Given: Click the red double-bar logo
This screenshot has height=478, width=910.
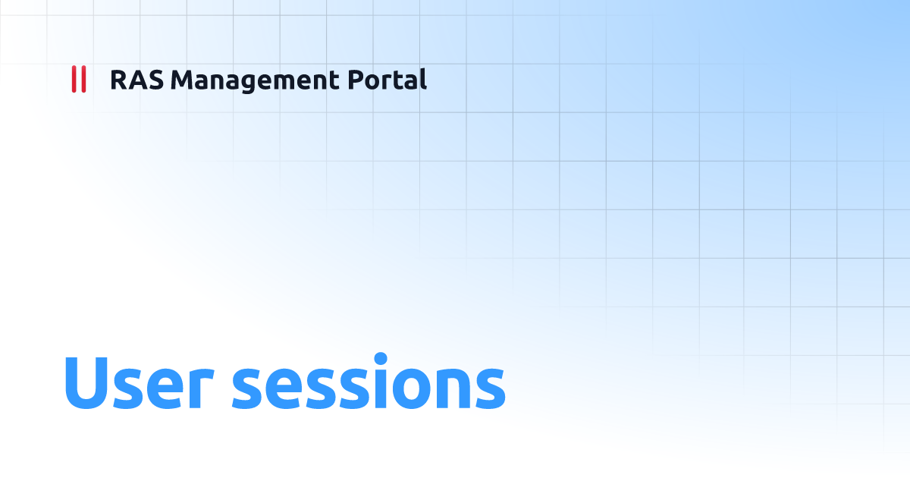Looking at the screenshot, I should pyautogui.click(x=78, y=80).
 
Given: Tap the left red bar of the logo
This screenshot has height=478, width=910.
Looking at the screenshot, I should pyautogui.click(x=74, y=80).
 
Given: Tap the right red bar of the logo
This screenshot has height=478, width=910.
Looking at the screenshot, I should pyautogui.click(x=83, y=80).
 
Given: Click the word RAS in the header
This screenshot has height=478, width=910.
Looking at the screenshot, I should pyautogui.click(x=136, y=80).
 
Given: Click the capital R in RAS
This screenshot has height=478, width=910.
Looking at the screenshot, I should pyautogui.click(x=118, y=80).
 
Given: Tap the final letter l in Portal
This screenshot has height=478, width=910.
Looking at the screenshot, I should pyautogui.click(x=422, y=79).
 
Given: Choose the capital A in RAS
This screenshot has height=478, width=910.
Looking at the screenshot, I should pyautogui.click(x=136, y=80).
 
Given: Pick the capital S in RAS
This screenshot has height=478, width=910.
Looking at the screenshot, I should pyautogui.click(x=153, y=80).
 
